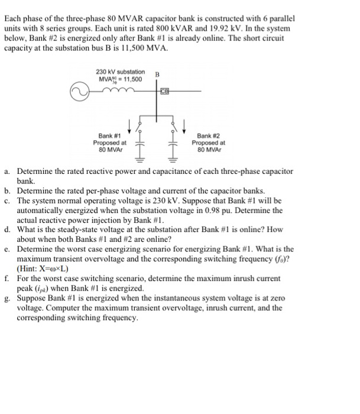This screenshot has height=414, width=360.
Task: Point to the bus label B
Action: pos(157,75)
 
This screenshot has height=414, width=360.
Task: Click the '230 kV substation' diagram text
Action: pos(121,72)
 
